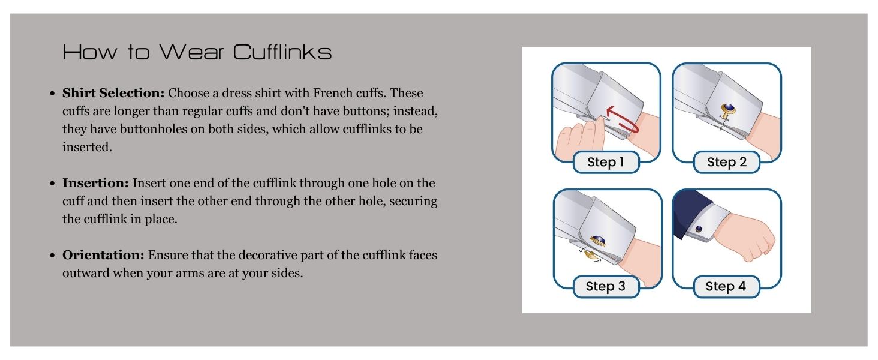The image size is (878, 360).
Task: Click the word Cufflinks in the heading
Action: tap(282, 52)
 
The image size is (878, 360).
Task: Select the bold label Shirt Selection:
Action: tap(113, 94)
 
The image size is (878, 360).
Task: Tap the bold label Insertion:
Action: tap(95, 183)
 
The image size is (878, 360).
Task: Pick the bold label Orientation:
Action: tap(103, 255)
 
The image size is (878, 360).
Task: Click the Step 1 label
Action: tap(605, 163)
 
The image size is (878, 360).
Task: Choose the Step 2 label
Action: tap(726, 163)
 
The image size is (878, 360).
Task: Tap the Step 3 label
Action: tap(605, 287)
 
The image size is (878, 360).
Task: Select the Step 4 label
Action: tap(726, 287)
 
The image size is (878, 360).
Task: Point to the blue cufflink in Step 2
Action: tap(729, 109)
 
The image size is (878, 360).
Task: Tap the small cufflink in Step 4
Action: tap(699, 229)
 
